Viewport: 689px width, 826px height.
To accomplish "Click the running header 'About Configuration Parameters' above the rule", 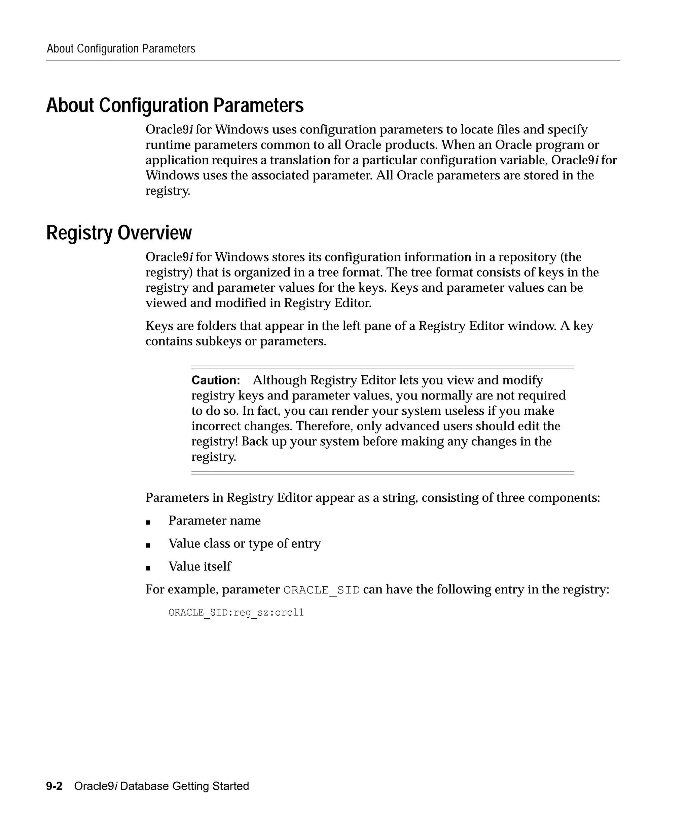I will tap(121, 49).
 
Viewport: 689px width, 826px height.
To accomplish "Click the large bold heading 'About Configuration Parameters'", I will tap(175, 106).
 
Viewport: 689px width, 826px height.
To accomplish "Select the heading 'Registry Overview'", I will tap(119, 233).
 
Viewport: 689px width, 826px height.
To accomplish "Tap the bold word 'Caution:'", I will tap(215, 380).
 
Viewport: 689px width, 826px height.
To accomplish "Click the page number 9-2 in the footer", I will tap(54, 786).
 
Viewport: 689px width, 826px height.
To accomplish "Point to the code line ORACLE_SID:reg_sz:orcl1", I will tap(236, 612).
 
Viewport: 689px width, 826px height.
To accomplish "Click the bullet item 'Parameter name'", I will tap(214, 521).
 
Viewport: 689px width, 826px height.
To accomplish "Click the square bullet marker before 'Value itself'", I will tap(148, 568).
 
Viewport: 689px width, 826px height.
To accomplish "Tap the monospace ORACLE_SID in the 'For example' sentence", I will tap(321, 590).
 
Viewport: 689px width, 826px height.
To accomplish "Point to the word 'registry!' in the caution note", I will tap(215, 441).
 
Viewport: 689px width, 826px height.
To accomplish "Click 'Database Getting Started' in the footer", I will tap(184, 786).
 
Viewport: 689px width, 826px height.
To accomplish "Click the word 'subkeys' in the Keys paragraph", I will tap(218, 341).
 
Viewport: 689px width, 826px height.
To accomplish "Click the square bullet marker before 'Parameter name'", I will tap(148, 522).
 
